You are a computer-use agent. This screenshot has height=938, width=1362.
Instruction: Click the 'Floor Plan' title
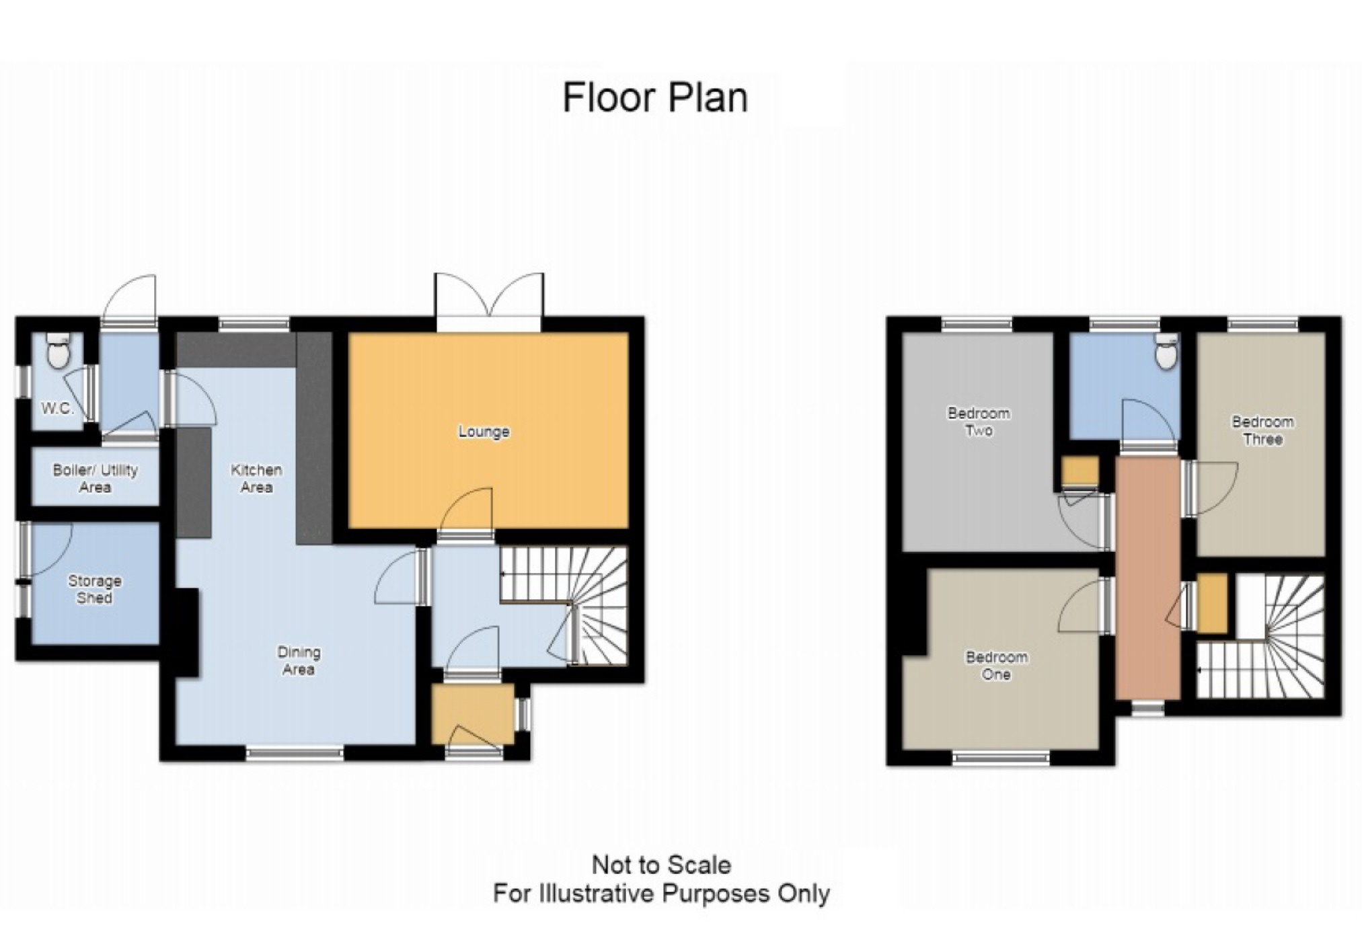[x=654, y=98]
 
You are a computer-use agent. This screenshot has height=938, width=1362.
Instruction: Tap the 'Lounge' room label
[x=484, y=432]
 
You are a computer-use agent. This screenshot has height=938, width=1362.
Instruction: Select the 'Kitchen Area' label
[x=256, y=478]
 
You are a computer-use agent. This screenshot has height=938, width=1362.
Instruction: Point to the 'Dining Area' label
[x=299, y=660]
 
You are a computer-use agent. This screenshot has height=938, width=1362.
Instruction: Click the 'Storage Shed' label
[x=95, y=589]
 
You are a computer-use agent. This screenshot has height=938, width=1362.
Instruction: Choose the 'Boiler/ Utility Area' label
[x=95, y=478]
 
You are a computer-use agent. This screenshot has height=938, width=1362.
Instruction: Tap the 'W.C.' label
[x=58, y=408]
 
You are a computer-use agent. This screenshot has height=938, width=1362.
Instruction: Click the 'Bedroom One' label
[x=997, y=666]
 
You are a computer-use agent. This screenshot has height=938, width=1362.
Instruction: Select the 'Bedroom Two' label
[x=979, y=422]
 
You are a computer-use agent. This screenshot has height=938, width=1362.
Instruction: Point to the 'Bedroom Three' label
[x=1262, y=430]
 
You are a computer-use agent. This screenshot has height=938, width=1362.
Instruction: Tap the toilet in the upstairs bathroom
[x=1166, y=351]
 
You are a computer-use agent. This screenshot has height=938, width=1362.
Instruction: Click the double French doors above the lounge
[x=489, y=302]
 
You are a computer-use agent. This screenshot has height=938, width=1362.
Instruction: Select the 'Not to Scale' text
[x=661, y=865]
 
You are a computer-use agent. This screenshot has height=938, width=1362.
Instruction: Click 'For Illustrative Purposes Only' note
[x=661, y=894]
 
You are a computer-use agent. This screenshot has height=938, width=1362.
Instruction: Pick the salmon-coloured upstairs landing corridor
[x=1147, y=578]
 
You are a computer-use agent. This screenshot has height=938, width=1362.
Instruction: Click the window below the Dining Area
[x=295, y=754]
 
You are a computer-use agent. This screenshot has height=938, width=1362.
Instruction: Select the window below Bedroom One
[x=1001, y=758]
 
